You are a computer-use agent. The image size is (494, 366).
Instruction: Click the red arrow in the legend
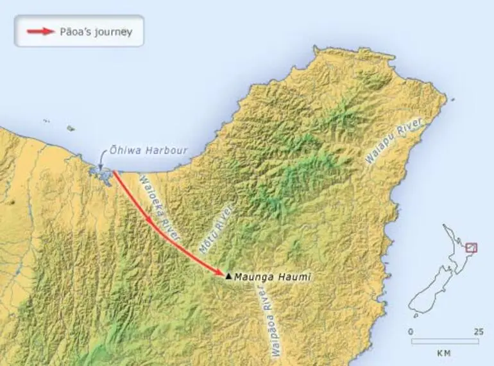[41, 31]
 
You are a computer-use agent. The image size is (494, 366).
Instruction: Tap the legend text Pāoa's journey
[96, 31]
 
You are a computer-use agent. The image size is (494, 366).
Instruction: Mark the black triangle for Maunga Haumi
[228, 276]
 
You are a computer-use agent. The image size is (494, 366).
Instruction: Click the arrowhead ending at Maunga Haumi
[221, 273]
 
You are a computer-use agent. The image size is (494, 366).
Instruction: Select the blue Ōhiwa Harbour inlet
[101, 172]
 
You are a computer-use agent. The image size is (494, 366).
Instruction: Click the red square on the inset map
[472, 248]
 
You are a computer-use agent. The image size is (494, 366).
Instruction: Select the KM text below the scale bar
[444, 353]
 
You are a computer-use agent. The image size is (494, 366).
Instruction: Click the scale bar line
[444, 341]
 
